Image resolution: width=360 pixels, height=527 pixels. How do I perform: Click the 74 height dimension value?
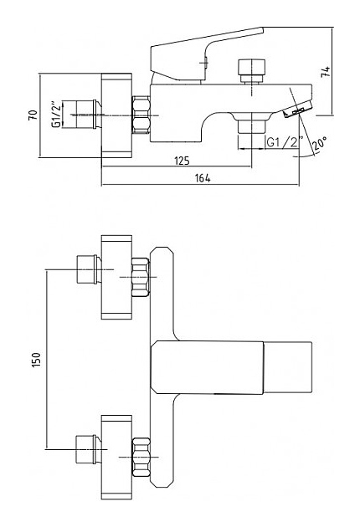pos(326,72)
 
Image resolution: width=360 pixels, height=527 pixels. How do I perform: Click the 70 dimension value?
pos(33,115)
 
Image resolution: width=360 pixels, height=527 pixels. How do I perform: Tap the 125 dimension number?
pos(182,161)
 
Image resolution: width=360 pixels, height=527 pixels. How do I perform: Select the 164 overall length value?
pos(203,178)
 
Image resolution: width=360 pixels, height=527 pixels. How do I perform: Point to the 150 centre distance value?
pos(36,360)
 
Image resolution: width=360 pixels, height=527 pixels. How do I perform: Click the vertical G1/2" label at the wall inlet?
pos(57,114)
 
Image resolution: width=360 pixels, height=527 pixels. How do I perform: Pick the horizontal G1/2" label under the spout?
pos(285,142)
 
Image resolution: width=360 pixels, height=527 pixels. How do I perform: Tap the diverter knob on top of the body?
pos(251,71)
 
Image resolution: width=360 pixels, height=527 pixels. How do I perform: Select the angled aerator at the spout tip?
pos(298,110)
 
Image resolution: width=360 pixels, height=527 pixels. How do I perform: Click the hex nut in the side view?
pos(141,115)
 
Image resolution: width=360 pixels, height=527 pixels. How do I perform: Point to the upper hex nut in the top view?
pos(141,277)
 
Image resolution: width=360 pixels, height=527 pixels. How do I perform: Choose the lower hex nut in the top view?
pos(141,457)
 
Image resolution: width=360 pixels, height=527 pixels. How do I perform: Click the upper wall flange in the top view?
pos(116,277)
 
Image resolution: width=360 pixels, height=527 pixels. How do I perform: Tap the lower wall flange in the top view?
pos(116,457)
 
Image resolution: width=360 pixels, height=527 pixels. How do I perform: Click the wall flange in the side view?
pos(116,115)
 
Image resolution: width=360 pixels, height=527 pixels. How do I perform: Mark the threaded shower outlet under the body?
pos(251,127)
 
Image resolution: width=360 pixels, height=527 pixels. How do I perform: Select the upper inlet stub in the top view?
pos(89,269)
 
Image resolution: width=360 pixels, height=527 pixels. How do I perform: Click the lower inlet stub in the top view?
pos(87,449)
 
